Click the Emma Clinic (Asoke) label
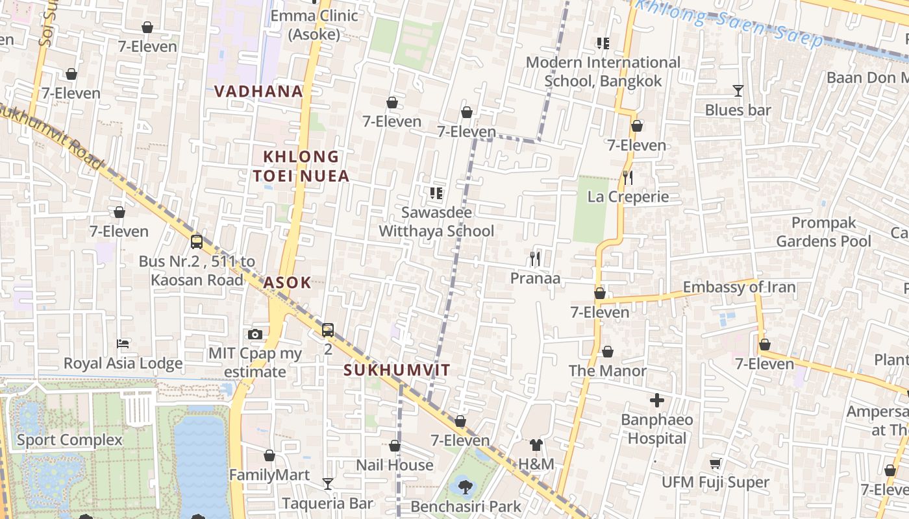point(314,25)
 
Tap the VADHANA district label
point(259,91)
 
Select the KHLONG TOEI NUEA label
point(301,166)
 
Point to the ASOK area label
point(287,282)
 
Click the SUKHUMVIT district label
point(397,370)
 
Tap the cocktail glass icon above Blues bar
point(738,91)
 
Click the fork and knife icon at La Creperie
point(627,177)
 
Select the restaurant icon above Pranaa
point(535,259)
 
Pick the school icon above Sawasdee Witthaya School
point(436,193)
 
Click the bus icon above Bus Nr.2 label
point(197,242)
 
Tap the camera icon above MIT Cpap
point(255,334)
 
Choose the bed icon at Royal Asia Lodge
point(123,343)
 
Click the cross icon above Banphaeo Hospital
point(657,400)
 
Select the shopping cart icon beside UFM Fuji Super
point(715,463)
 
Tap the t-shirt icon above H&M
point(536,444)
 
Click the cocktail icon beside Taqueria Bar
point(328,484)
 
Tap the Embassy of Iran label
point(739,287)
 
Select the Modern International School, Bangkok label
point(603,71)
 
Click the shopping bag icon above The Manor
point(608,352)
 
